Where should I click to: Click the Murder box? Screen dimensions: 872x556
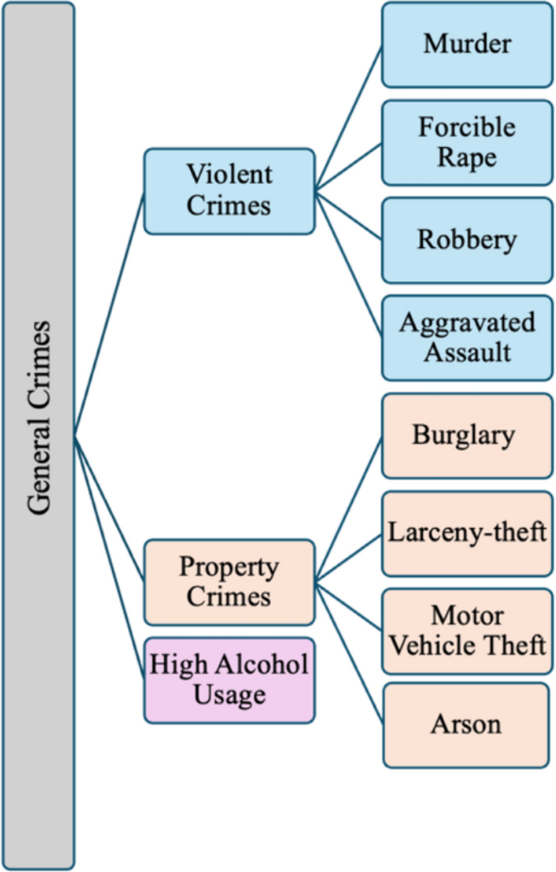pos(466,44)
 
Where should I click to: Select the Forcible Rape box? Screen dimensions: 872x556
pos(466,142)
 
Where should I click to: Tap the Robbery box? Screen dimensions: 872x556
pos(466,240)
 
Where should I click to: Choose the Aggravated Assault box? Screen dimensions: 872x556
pos(466,337)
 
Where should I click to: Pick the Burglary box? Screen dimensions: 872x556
pos(466,436)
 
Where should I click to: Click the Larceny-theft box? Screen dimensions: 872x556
pos(467,533)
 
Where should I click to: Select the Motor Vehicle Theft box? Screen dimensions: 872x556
pos(467,631)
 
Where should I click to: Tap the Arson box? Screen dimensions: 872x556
pos(466,724)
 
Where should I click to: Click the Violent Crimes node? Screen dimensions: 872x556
pos(229,191)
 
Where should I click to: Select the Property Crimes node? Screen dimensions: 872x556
pos(229,582)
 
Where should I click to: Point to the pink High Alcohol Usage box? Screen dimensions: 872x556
pos(229,680)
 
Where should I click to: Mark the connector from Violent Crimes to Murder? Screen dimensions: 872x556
pos(349,119)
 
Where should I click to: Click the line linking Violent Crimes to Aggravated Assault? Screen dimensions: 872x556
pos(349,263)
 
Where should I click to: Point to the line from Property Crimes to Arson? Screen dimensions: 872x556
pos(349,654)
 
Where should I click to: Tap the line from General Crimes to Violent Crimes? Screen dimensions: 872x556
pos(110,314)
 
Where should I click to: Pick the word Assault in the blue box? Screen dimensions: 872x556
pos(467,352)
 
